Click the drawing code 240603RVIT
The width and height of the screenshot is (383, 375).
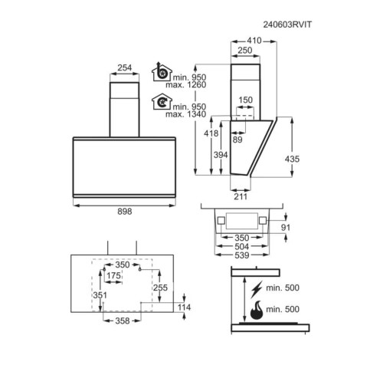[287, 25]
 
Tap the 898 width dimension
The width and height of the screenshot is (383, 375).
[125, 212]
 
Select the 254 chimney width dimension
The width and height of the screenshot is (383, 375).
[125, 67]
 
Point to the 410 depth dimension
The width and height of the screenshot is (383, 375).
[254, 41]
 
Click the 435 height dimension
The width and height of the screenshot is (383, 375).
[292, 159]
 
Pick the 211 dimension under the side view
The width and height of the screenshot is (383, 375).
[241, 196]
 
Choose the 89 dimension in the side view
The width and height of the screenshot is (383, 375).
[237, 140]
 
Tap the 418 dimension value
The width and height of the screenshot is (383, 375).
[211, 133]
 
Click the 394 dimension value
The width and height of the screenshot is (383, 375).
[221, 155]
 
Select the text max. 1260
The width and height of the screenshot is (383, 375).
[185, 84]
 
